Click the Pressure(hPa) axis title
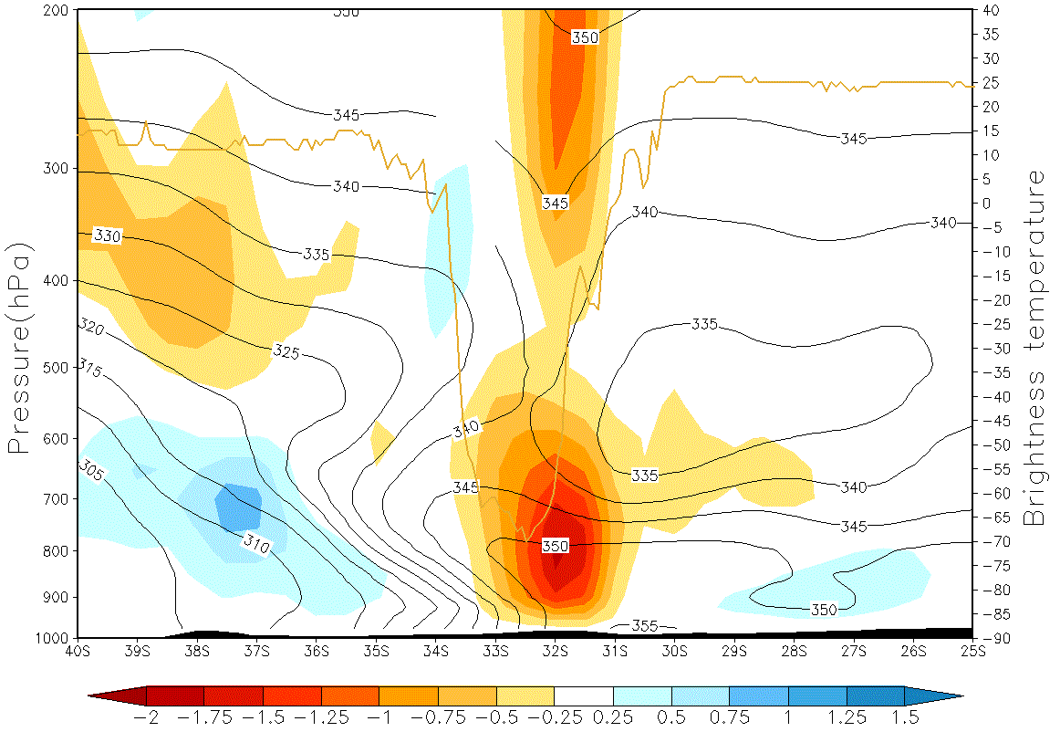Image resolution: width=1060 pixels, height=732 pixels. coord(20,349)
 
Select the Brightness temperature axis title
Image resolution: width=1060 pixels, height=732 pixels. coord(1033,349)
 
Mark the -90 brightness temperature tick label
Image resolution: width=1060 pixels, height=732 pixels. coord(992,638)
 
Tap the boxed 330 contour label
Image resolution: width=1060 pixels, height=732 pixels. coord(108,236)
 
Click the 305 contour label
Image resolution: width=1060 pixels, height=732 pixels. coord(90,470)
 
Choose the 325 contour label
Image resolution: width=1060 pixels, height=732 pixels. coord(286,349)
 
